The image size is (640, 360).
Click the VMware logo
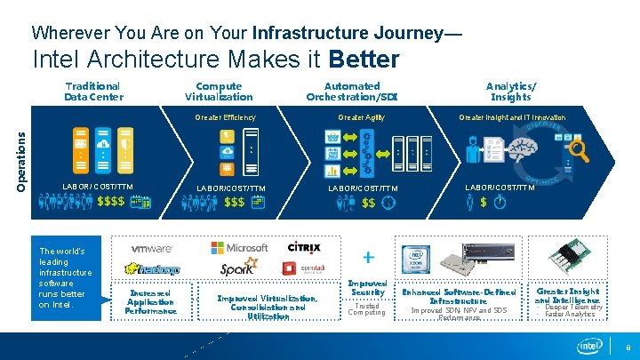point(152,249)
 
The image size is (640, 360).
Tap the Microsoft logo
point(239,248)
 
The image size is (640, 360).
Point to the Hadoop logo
point(153,269)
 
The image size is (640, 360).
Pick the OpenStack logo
point(309,268)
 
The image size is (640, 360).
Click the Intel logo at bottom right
point(589,346)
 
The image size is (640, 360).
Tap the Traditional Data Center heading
point(93,92)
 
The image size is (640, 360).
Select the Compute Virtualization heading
point(219,92)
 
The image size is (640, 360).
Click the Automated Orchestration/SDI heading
point(352,92)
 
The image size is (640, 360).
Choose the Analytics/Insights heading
point(510,92)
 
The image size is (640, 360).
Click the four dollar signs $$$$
point(110,203)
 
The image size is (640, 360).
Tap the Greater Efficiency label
point(225,117)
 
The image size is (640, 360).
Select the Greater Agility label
point(360,117)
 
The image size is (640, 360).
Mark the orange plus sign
point(367,256)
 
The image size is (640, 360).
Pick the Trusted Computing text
point(366,309)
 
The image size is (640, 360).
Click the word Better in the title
point(364,60)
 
